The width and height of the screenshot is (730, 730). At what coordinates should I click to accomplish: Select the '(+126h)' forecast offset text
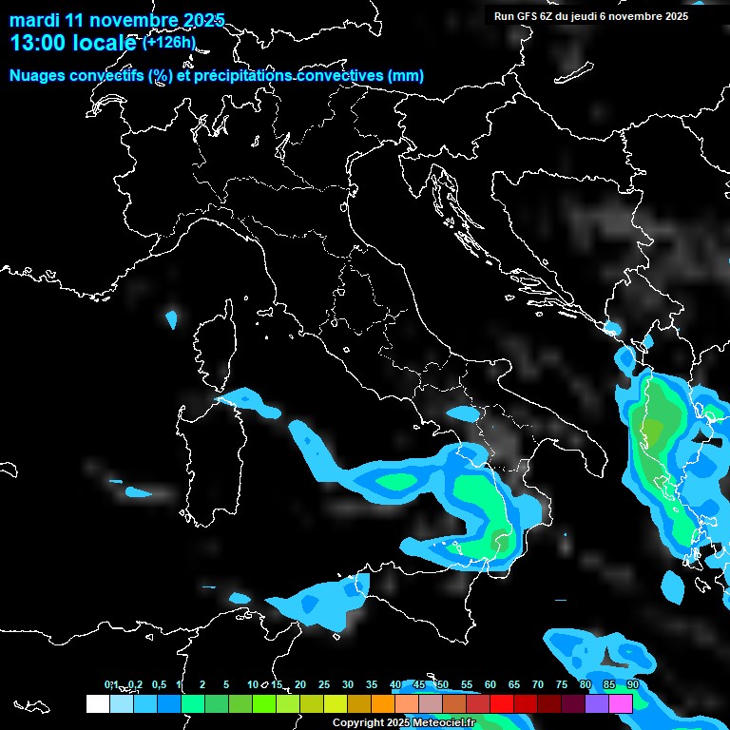169,42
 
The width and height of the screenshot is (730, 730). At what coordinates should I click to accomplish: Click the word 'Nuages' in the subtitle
38,76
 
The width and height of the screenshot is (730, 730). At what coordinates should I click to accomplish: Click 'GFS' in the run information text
528,16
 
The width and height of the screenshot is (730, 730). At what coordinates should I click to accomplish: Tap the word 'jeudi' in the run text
591,16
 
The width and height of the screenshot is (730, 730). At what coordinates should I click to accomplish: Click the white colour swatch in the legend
97,703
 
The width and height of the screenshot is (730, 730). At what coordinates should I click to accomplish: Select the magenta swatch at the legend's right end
621,703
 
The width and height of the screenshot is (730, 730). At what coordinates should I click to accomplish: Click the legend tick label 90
632,684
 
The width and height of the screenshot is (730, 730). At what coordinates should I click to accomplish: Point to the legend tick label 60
490,684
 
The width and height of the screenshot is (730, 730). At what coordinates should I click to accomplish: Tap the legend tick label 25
323,684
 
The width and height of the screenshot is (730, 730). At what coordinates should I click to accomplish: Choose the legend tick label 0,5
158,684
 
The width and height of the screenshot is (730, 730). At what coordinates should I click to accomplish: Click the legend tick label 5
226,684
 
